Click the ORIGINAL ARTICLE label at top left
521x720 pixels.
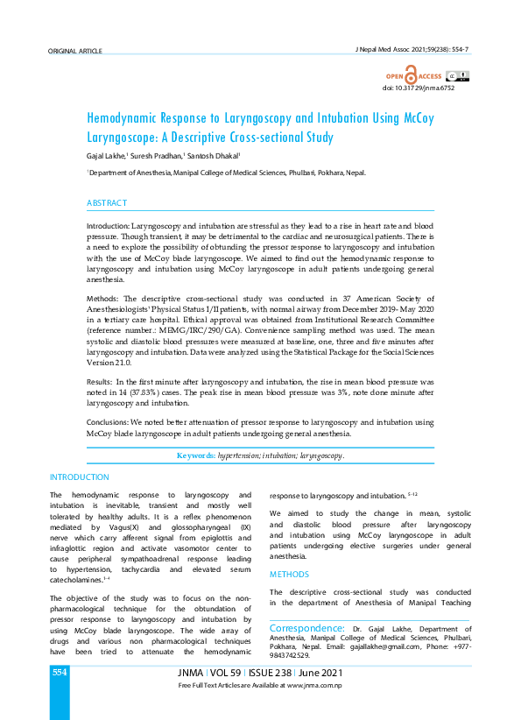coord(76,52)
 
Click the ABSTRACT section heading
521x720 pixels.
coord(107,203)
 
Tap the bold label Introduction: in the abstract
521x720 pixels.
coord(109,226)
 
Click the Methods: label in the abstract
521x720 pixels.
coord(102,300)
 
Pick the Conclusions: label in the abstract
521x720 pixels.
coord(109,422)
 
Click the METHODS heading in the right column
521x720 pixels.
coord(289,575)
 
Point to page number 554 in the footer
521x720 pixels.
coord(59,673)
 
